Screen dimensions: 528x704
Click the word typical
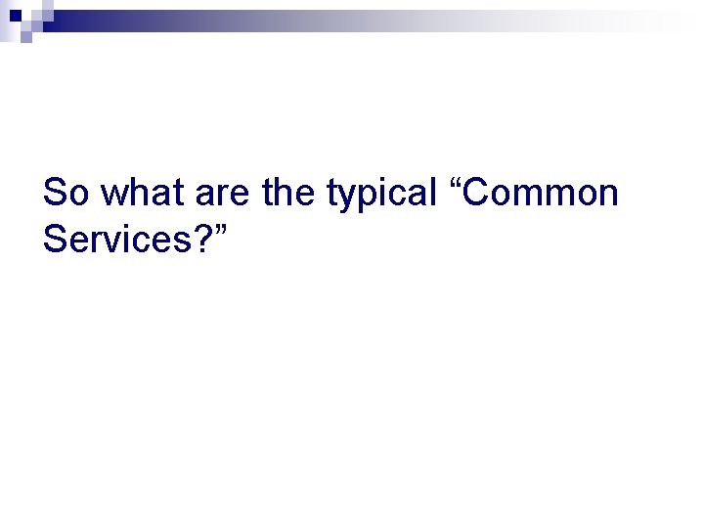[381, 195]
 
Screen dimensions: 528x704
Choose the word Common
[543, 193]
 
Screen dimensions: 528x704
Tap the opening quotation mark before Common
[455, 182]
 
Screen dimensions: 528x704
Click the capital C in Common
[478, 193]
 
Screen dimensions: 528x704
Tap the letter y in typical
[349, 197]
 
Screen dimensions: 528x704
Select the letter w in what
[113, 195]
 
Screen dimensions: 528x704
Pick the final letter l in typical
[432, 193]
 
